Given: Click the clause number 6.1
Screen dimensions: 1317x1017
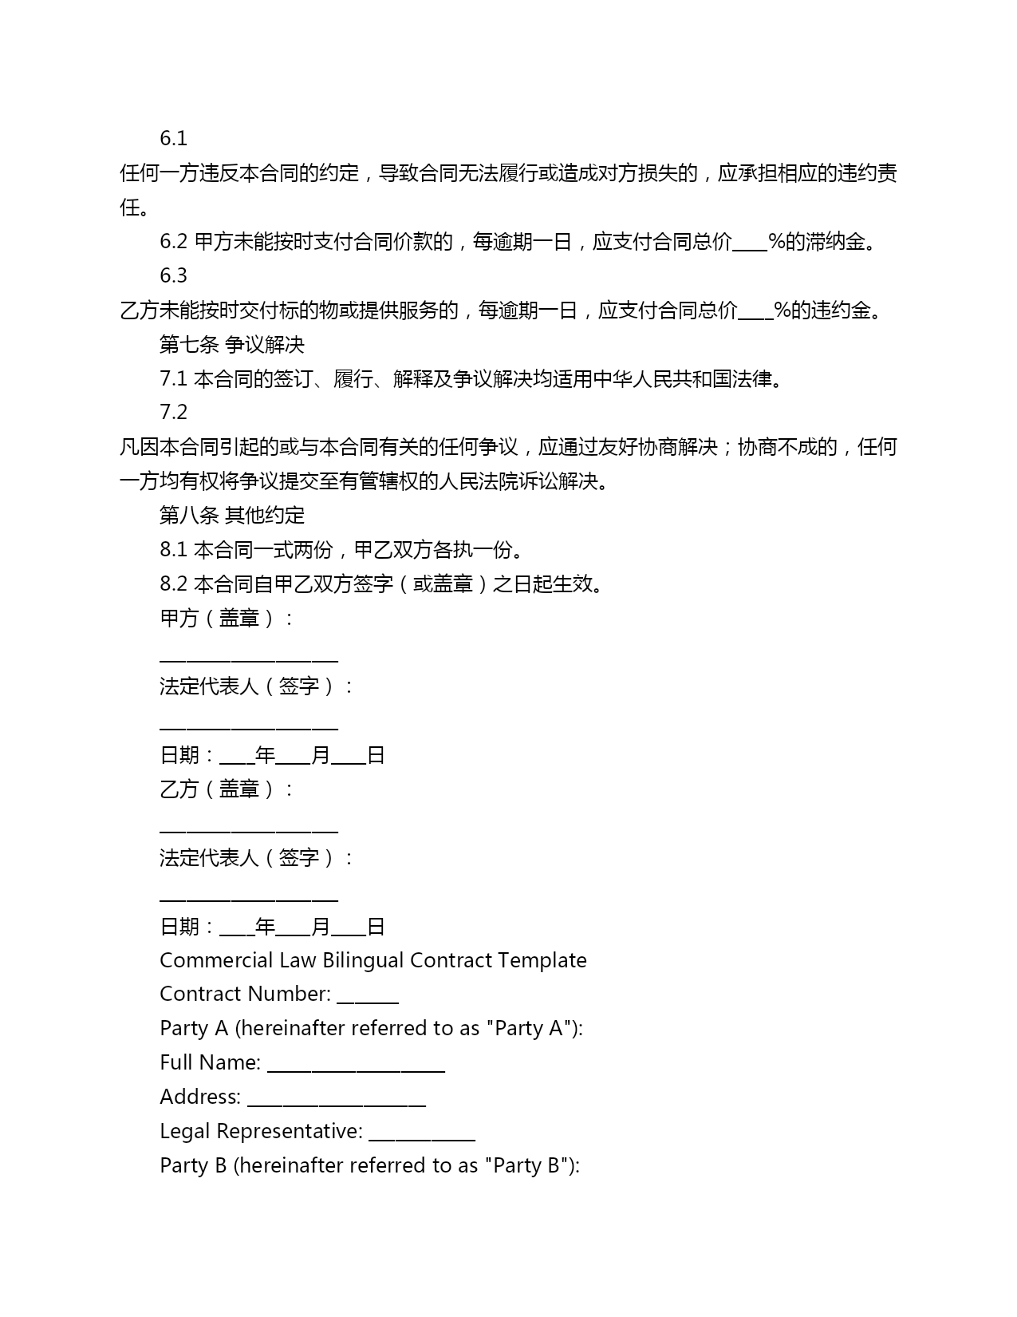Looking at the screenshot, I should click(173, 139).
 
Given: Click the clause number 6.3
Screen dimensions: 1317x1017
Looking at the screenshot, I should click(173, 276).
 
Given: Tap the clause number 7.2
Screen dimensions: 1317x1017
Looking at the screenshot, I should click(173, 413).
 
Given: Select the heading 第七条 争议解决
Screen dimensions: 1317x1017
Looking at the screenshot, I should click(232, 345).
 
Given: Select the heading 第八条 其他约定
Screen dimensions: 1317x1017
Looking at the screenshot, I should click(232, 516).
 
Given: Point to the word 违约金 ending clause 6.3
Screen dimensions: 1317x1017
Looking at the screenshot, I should click(841, 310).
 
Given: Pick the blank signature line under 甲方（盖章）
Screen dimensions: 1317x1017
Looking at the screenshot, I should click(249, 659).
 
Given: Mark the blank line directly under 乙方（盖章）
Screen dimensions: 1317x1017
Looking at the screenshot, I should click(249, 831).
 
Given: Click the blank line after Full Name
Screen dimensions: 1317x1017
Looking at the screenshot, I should click(356, 1068).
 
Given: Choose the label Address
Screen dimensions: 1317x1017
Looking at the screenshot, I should click(199, 1097).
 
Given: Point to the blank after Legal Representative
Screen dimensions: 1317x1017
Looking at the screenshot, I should click(422, 1137).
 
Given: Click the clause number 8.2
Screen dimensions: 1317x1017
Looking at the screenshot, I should click(173, 584).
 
